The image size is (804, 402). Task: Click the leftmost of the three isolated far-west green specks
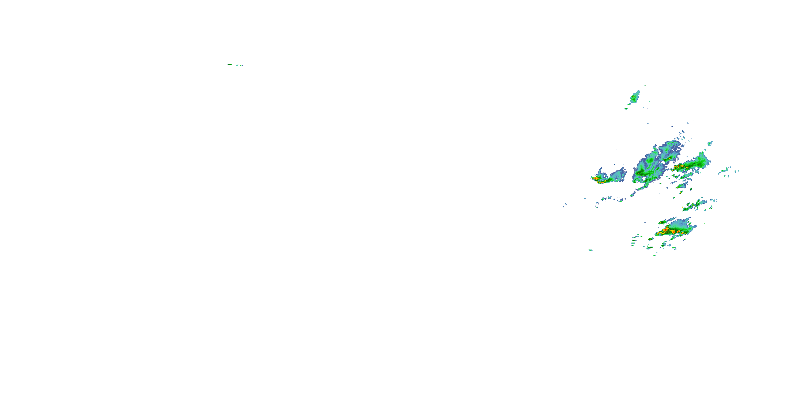[229, 64]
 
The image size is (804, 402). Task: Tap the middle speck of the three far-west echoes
[237, 65]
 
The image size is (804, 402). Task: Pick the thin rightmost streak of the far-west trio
[241, 66]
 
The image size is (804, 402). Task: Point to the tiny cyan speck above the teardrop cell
[645, 85]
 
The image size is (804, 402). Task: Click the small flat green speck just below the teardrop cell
[626, 109]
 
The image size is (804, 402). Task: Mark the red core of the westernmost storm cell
[596, 178]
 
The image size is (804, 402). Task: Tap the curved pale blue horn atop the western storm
[600, 171]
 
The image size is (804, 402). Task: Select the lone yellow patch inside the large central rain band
[669, 159]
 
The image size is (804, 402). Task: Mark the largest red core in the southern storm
[665, 230]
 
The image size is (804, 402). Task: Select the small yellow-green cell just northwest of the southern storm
[662, 222]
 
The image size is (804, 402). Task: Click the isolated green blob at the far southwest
[590, 250]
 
